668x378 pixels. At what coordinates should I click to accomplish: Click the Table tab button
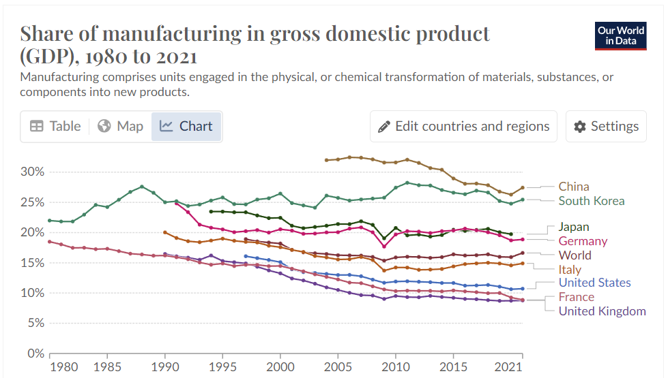(x=55, y=127)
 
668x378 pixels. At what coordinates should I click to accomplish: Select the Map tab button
(x=121, y=127)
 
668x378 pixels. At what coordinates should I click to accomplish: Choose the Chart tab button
(x=186, y=127)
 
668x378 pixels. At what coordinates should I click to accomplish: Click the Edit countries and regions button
(x=463, y=127)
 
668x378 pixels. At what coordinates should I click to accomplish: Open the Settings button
(x=606, y=127)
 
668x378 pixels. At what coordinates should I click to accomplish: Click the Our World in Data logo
(x=620, y=36)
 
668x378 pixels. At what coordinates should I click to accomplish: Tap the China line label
(x=573, y=187)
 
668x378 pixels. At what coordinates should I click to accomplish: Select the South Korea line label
(x=591, y=201)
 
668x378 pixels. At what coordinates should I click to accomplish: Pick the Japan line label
(x=573, y=227)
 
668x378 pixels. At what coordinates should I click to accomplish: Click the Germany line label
(x=582, y=241)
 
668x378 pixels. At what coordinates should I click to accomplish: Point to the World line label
(x=575, y=255)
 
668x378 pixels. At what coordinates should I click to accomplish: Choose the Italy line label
(x=570, y=270)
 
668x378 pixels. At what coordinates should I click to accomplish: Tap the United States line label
(x=594, y=283)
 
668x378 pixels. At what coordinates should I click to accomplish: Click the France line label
(x=576, y=297)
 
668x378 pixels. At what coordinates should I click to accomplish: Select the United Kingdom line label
(x=602, y=311)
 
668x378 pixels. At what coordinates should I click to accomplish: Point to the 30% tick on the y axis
(x=32, y=172)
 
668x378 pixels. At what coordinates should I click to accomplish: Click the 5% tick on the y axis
(x=35, y=324)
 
